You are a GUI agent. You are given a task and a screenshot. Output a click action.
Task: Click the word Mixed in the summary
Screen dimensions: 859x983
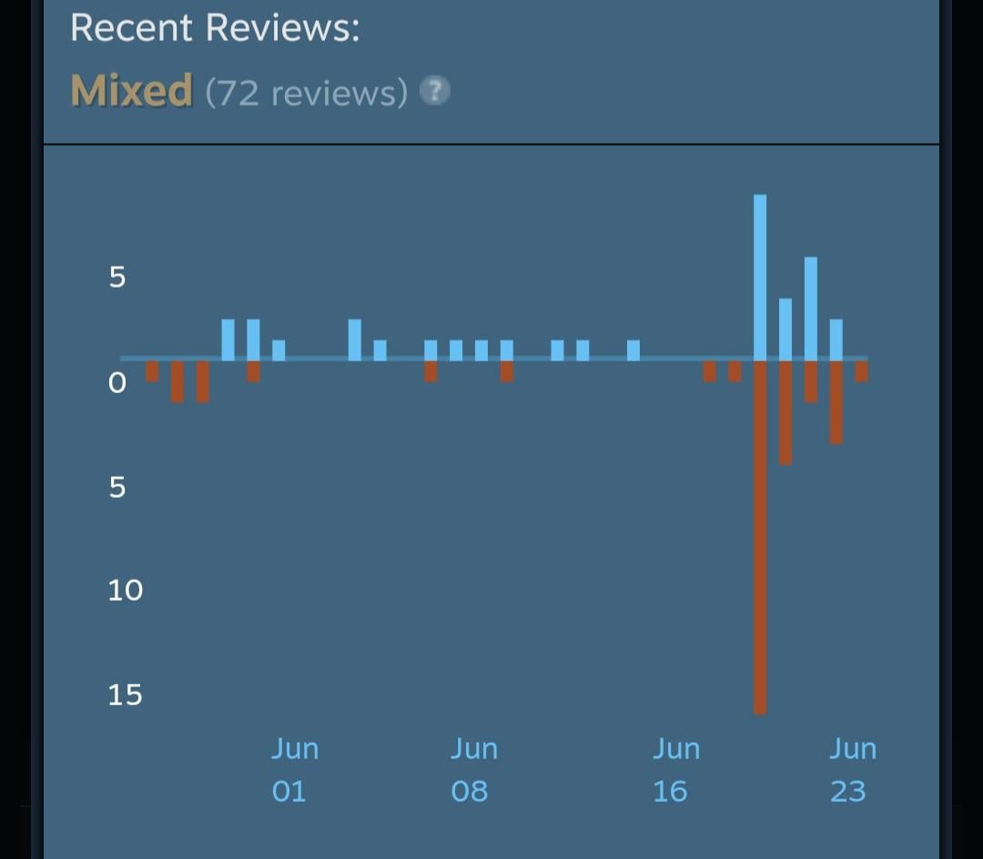pos(131,91)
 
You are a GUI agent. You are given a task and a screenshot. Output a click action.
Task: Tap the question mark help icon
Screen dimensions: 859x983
pos(435,91)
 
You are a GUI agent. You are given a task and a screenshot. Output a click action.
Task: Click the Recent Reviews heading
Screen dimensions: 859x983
pos(215,27)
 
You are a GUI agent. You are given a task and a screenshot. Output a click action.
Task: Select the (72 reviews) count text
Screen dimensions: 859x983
pos(306,93)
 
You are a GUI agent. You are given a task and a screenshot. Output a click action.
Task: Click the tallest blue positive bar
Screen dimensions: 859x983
pos(760,278)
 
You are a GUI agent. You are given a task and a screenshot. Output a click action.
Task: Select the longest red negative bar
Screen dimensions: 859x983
pos(760,537)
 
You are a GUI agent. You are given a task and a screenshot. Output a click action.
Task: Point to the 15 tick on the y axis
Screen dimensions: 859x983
pos(125,695)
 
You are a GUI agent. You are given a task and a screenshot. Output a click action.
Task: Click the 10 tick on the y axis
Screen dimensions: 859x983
pos(125,591)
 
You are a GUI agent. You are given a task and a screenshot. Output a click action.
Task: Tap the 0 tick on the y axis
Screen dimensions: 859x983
pos(117,383)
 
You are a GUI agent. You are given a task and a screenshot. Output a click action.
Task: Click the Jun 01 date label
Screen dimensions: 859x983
pos(294,770)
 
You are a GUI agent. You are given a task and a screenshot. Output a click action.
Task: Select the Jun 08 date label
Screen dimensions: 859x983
pos(473,770)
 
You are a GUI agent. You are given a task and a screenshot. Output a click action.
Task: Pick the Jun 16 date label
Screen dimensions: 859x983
pos(675,770)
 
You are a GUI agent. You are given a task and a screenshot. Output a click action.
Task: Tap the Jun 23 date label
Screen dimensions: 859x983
pos(852,770)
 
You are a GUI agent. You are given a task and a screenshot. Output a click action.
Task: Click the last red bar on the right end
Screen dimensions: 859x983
pos(861,371)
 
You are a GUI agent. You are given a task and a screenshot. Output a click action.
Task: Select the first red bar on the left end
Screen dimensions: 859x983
pos(152,371)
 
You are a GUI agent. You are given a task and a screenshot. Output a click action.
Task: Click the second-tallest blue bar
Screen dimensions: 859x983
pos(810,308)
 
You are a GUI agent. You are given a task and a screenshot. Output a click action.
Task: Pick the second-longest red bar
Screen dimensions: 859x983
pos(785,412)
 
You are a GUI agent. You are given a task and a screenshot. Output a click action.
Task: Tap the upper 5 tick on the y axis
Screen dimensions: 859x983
pos(117,278)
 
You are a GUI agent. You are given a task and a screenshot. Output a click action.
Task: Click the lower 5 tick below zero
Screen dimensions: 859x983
pos(117,487)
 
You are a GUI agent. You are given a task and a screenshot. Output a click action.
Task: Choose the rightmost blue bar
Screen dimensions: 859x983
pos(836,339)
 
